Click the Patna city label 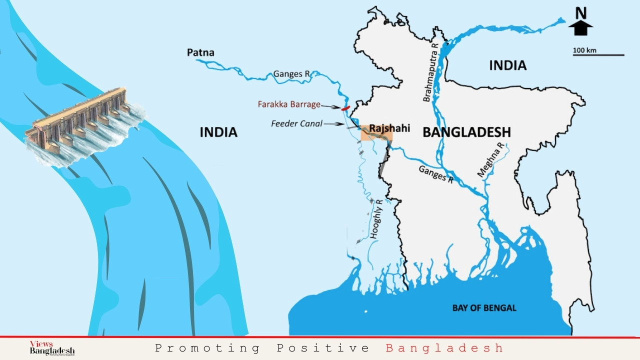[x=200, y=52]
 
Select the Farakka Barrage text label [x=289, y=104]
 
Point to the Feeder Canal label [x=297, y=123]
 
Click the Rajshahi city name [x=389, y=128]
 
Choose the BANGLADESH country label [x=466, y=132]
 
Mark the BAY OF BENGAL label [x=484, y=307]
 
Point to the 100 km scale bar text [x=585, y=50]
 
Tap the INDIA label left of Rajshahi [x=218, y=132]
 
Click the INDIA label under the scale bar [x=507, y=65]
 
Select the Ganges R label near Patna [x=291, y=74]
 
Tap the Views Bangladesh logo [x=51, y=348]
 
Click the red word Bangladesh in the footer [x=444, y=348]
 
